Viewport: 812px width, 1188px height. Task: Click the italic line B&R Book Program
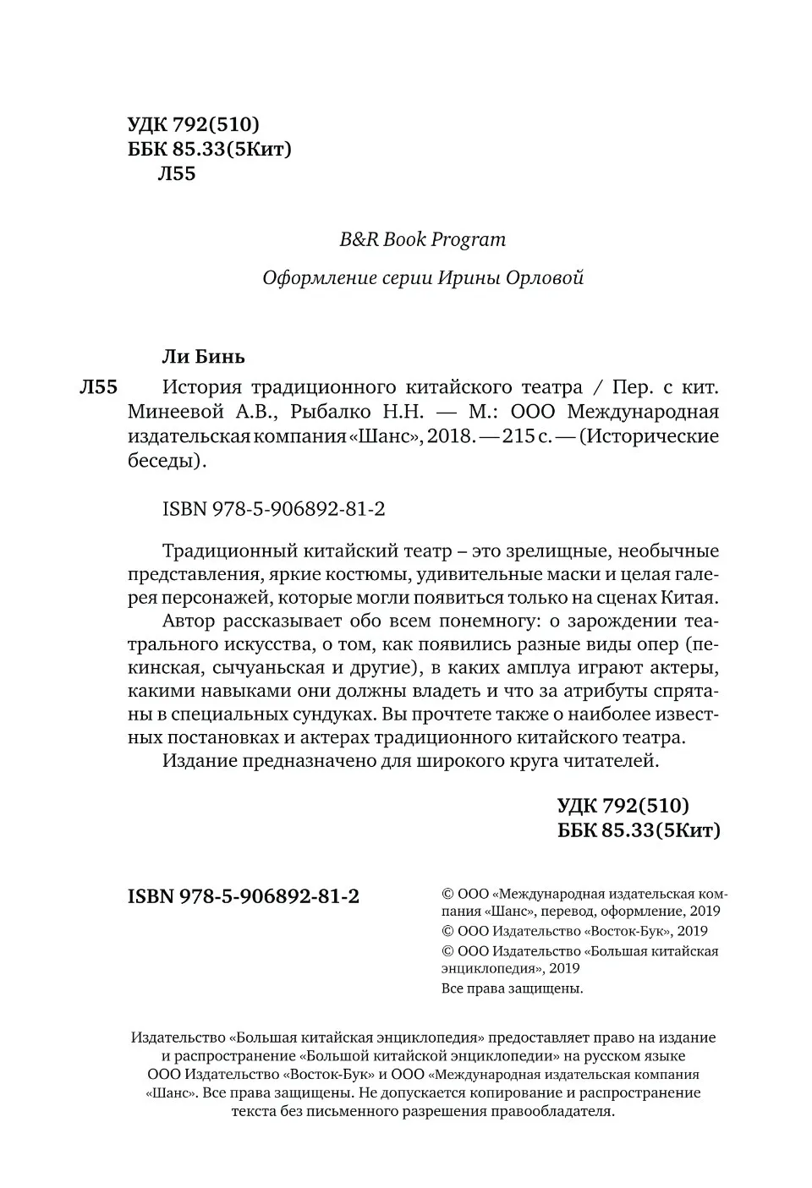(x=422, y=239)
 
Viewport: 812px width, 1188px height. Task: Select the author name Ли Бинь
(x=203, y=356)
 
